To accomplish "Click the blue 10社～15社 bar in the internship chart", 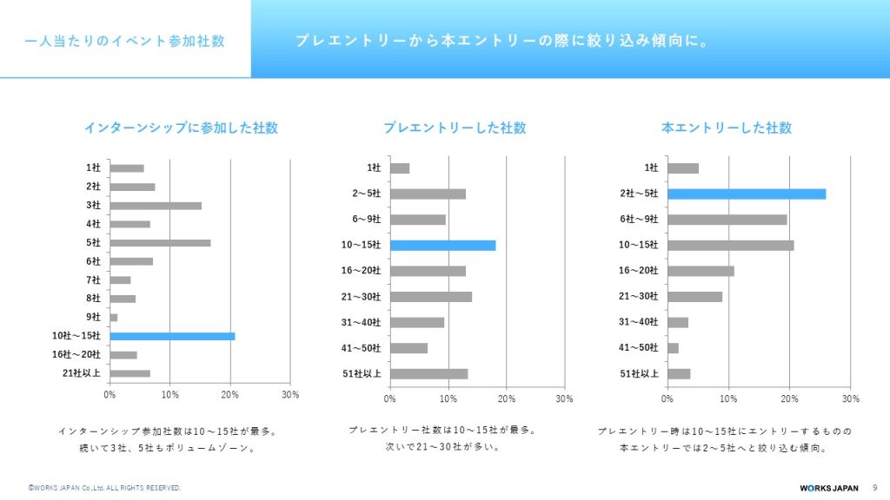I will coord(172,336).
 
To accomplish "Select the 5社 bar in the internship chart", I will coord(160,243).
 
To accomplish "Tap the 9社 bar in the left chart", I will coord(114,318).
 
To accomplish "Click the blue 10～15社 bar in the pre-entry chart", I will coord(442,245).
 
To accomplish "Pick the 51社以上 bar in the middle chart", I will coord(428,374).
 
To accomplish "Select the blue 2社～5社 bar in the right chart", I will coord(746,194).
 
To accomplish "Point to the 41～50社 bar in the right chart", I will coord(673,348).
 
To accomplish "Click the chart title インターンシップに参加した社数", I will coord(181,128).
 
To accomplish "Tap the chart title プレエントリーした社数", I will coord(455,128).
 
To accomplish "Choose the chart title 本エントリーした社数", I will coord(727,128).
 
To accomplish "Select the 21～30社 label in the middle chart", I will coord(361,297).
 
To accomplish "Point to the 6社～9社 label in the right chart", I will coord(639,220).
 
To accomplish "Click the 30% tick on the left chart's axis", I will coord(290,395).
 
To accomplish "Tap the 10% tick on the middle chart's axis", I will coord(448,399).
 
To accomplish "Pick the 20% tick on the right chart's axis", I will coord(789,399).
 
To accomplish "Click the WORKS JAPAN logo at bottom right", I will coord(829,488).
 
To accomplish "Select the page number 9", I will coord(873,488).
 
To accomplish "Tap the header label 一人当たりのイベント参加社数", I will coord(125,41).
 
